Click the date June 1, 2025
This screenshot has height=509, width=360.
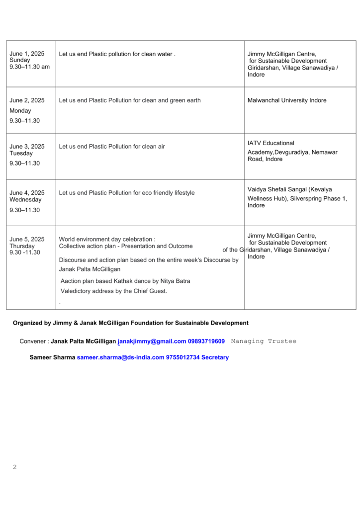point(27,54)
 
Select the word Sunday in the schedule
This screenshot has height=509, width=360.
point(20,60)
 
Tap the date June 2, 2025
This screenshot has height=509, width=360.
point(27,100)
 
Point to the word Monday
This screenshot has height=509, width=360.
point(20,111)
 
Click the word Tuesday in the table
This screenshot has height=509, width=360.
point(21,153)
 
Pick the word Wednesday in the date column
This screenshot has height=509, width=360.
point(25,200)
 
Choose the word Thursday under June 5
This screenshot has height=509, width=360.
point(22,246)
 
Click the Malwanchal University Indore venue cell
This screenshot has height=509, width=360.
point(287,100)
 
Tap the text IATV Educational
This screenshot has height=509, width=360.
point(271,143)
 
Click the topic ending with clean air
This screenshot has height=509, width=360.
point(112,147)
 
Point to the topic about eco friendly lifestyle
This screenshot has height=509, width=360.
point(127,193)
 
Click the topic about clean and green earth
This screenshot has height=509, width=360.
point(130,100)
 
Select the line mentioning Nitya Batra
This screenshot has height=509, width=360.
point(125,281)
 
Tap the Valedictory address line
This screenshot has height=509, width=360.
point(113,291)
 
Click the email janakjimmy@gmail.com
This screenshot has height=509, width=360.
point(152,341)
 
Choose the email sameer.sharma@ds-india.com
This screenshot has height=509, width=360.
point(120,357)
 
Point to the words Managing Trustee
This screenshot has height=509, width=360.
point(264,341)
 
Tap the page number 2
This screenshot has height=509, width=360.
point(14,467)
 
